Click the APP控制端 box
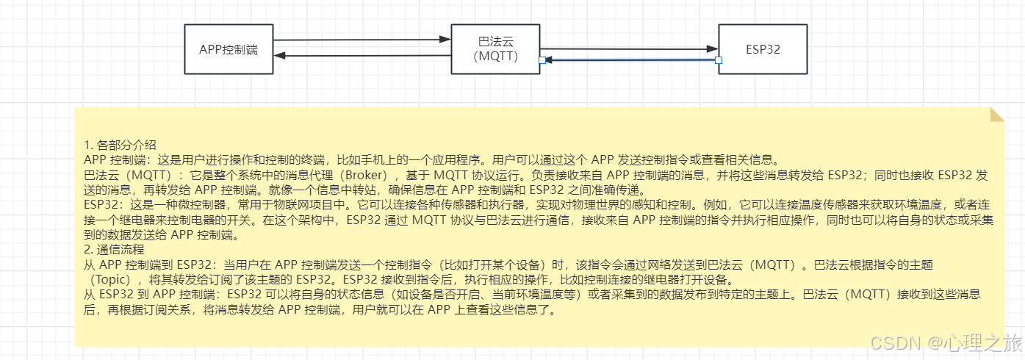pos(229,49)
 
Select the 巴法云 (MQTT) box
pos(496,49)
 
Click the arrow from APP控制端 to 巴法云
pos(360,40)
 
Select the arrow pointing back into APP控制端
pos(360,56)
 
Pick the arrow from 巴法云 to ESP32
pos(629,48)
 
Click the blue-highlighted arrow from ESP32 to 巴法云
pos(629,60)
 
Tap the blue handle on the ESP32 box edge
pos(719,60)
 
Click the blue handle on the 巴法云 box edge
pos(542,60)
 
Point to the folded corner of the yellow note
pos(997,114)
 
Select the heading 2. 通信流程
pos(115,250)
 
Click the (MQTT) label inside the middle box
pos(497,57)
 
